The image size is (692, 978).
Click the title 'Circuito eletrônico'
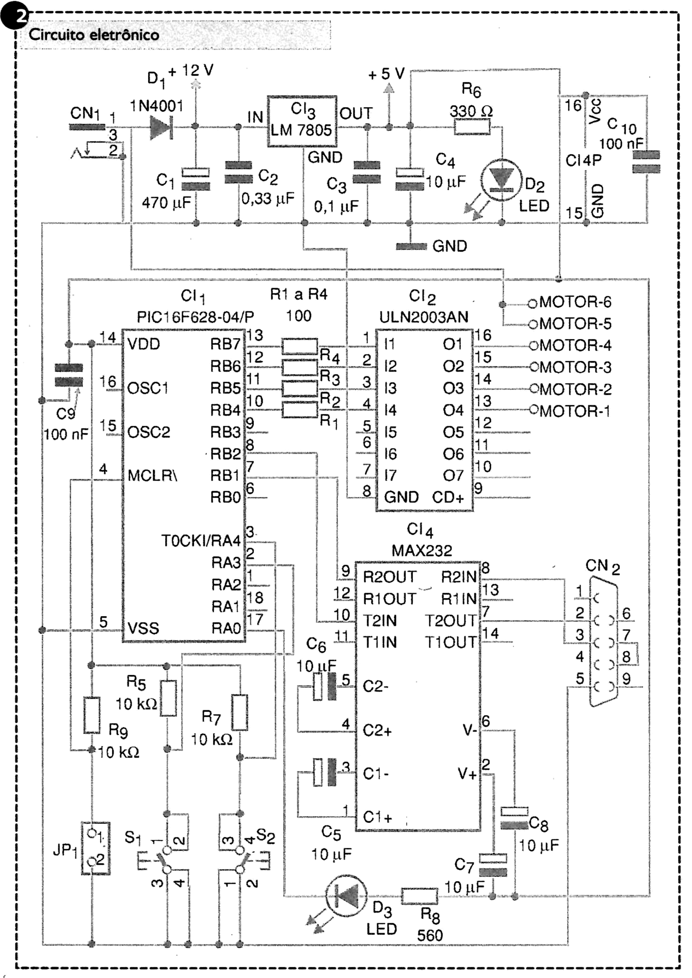(93, 35)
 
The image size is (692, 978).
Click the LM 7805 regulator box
(302, 121)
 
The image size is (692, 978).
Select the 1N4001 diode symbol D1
(160, 127)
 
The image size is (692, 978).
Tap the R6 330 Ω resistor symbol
(472, 127)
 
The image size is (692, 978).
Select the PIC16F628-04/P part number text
(196, 317)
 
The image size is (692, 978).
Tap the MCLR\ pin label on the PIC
(152, 475)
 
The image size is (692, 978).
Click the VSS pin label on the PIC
(143, 628)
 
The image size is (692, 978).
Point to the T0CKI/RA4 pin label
(201, 541)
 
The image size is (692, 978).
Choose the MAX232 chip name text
(422, 551)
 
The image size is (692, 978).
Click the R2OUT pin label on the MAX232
(390, 577)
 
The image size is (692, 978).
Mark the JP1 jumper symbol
(95, 848)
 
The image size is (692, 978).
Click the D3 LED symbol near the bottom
(346, 897)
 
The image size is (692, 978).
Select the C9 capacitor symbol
(69, 375)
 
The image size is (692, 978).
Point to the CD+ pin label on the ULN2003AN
(448, 498)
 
